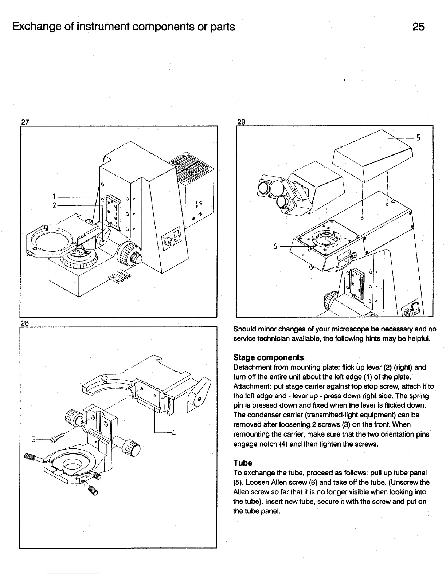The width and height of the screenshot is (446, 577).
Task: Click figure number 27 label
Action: pos(25,122)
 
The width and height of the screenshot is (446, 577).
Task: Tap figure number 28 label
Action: pos(25,323)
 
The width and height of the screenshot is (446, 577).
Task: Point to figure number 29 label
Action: pos(241,122)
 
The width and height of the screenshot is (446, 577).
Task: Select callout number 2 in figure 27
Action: pos(53,205)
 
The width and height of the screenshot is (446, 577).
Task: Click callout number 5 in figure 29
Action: pos(419,138)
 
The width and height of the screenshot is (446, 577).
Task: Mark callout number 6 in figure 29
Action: pos(276,246)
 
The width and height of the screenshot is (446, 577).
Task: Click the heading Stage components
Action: pos(269,357)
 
